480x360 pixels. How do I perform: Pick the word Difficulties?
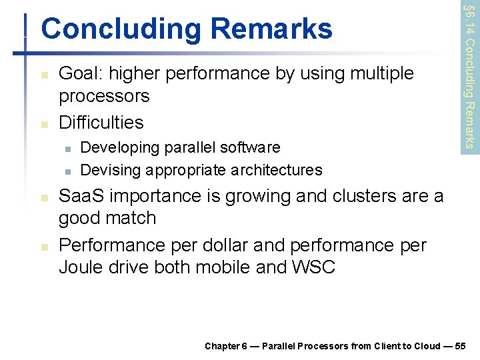[x=101, y=122]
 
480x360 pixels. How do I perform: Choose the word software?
[x=248, y=147]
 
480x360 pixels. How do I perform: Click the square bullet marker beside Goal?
[x=44, y=75]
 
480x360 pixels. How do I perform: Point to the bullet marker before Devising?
[x=67, y=171]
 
